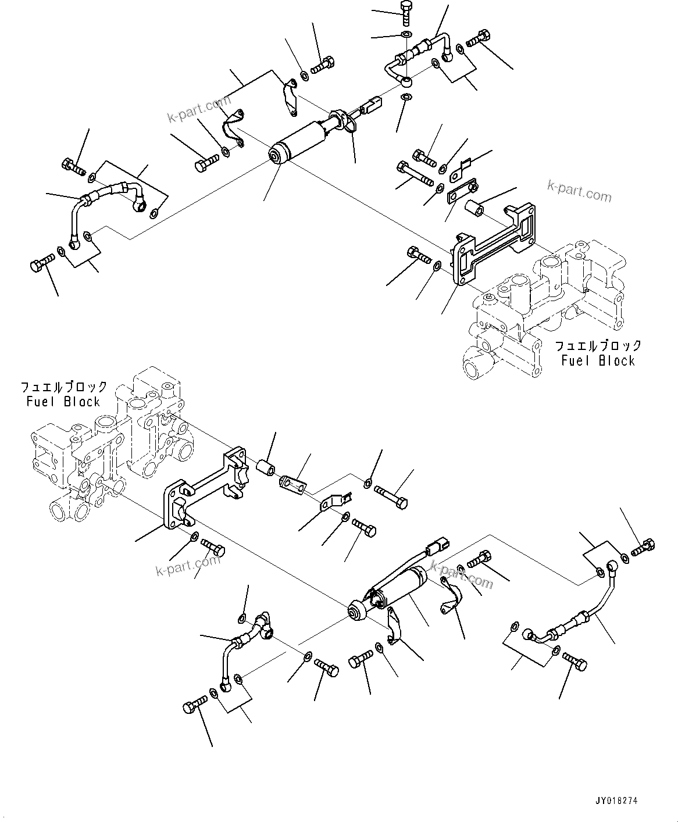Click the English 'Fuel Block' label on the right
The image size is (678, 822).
(598, 360)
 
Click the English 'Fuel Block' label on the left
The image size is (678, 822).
(63, 402)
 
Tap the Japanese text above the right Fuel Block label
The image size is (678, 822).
(598, 346)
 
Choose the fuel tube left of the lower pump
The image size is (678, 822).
(244, 645)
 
